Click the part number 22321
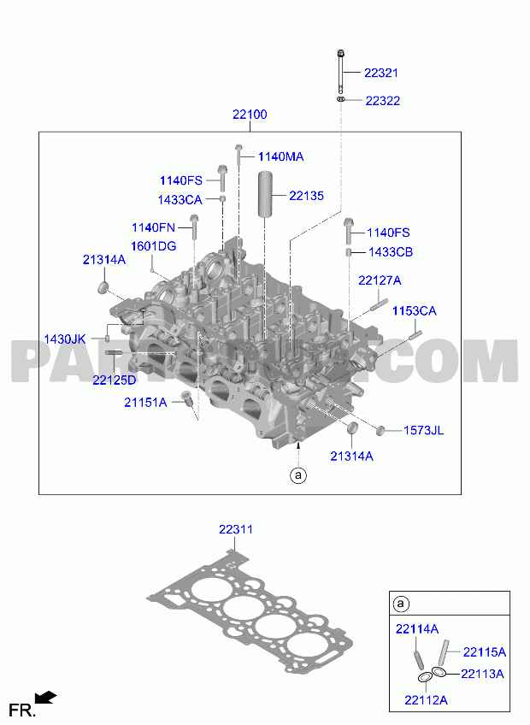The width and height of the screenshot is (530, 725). coord(380,73)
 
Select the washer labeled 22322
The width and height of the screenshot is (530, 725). coord(341,99)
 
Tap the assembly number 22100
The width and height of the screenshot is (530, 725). coord(250,115)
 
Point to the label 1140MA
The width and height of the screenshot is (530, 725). coord(280,156)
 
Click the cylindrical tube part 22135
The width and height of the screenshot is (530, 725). coord(265,193)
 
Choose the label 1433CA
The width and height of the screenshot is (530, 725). coord(180,200)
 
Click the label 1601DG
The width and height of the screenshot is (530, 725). coord(154,246)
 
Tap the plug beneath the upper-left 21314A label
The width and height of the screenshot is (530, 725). coord(103,287)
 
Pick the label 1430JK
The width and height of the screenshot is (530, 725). coord(65,339)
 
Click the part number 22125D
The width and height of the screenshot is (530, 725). coord(115,380)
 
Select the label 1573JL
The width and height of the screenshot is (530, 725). coord(424,431)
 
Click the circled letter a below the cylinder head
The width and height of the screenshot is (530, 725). coord(298,474)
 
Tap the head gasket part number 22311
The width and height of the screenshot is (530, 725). coord(236,529)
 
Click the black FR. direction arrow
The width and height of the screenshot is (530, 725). coord(46,698)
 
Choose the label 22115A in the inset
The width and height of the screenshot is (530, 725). coord(484,652)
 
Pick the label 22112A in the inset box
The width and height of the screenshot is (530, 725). coord(426,700)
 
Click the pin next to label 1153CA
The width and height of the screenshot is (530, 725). coord(415,334)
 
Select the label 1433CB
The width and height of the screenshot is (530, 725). coord(391,252)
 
